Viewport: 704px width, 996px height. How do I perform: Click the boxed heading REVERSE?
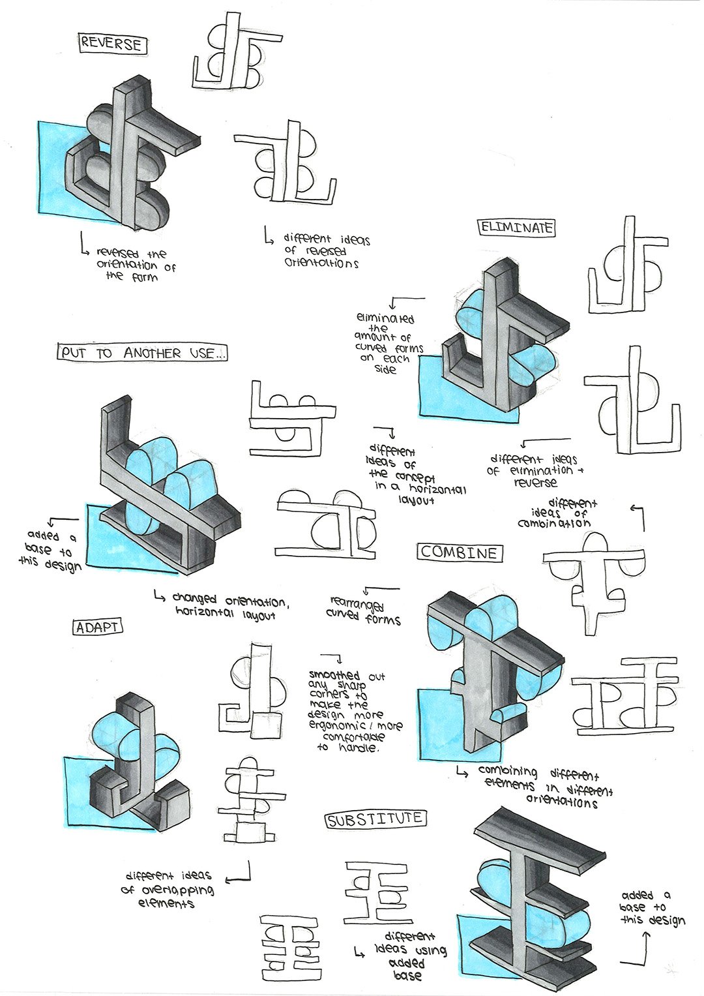click(111, 44)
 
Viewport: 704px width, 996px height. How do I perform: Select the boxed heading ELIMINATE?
click(517, 228)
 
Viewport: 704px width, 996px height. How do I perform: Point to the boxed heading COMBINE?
click(460, 552)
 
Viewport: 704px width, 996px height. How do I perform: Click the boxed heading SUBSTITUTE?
click(375, 819)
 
